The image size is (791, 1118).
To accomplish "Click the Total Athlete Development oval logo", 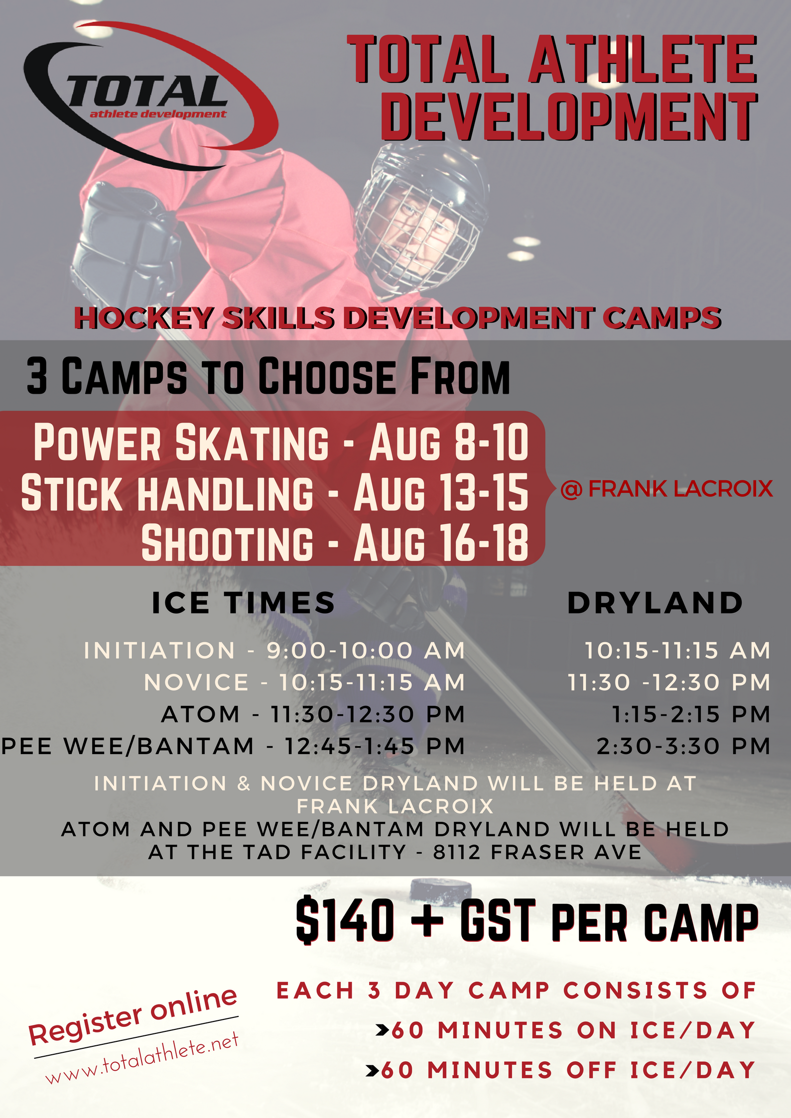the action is pos(149,95).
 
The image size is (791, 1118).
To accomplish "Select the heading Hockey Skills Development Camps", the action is pos(397,318).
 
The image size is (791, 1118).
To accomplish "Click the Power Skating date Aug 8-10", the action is pos(449,442).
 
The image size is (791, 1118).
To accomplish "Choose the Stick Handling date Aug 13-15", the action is pos(441,492).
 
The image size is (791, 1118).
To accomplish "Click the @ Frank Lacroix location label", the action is pos(666,489).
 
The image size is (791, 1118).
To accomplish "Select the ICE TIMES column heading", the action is pos(244,603).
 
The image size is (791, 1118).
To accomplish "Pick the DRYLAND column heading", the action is pos(655,603).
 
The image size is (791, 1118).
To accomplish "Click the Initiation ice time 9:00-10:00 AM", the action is pos(366,651).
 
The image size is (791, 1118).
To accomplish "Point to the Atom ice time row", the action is pos(313,714).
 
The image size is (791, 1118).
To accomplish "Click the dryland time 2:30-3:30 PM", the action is pos(684,746).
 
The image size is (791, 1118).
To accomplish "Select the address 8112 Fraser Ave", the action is pos(537,852).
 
